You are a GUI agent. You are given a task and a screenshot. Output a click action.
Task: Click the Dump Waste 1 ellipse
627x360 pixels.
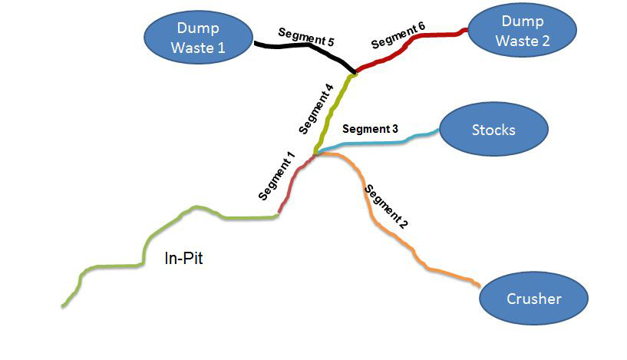pos(198,38)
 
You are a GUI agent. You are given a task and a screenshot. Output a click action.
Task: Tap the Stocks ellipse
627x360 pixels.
pos(493,130)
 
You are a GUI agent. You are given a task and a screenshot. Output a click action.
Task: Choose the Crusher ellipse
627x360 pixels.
pos(534,299)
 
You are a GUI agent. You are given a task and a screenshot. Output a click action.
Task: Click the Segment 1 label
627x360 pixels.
pos(277,177)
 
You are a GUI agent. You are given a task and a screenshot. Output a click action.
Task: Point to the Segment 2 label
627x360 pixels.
pos(385,207)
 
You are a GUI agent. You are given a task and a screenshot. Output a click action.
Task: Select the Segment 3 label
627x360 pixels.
pos(370,129)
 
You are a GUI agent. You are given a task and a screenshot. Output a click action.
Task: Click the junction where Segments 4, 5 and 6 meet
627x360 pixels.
pos(355,74)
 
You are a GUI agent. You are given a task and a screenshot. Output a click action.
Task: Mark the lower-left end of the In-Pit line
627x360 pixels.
pos(63,306)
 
